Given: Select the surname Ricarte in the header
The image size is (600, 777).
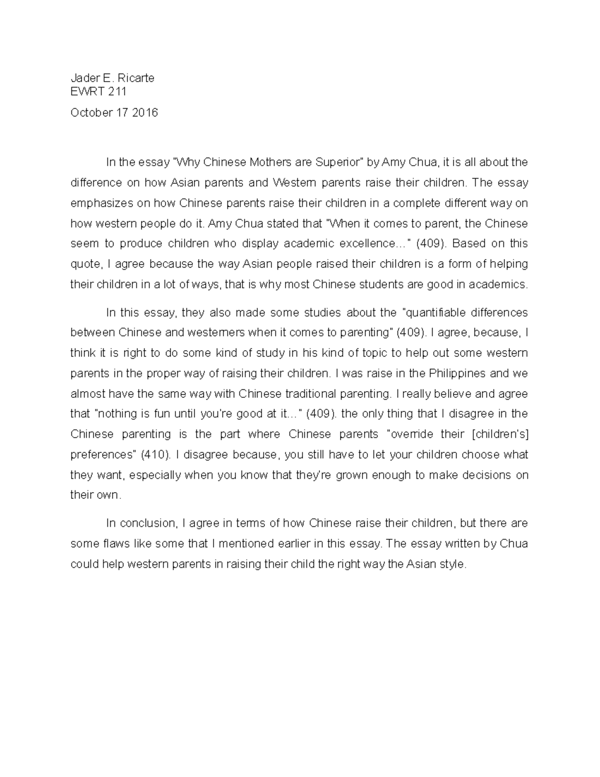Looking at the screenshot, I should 136,78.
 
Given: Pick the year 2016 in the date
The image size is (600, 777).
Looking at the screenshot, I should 144,113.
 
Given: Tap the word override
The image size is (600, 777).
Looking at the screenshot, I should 410,434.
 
